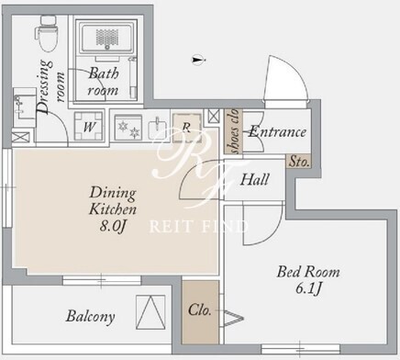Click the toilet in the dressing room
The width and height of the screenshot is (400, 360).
coord(46,34)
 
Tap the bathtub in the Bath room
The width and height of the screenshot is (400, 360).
coord(106,39)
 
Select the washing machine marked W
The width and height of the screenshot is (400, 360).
coord(89,126)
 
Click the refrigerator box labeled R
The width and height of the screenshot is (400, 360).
coord(186,128)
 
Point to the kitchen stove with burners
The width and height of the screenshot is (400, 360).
coord(128,128)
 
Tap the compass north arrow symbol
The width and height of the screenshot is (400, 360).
coord(198,60)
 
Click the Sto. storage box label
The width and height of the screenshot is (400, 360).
coord(299,162)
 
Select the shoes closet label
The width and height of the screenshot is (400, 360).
coord(234,131)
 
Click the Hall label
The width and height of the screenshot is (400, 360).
coord(254,179)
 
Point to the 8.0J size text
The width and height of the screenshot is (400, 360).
coord(113,227)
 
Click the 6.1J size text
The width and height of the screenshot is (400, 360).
coord(309,288)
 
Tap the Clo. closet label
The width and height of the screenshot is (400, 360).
coord(200,309)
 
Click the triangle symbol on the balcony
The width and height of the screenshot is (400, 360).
coord(150,312)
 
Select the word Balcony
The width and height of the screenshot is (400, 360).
coord(91,316)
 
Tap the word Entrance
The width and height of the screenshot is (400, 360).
coord(277,132)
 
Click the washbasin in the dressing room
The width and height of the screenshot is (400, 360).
coord(24,107)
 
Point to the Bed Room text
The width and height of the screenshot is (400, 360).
coord(308,272)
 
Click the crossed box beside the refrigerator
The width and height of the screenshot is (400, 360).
coord(214,116)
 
